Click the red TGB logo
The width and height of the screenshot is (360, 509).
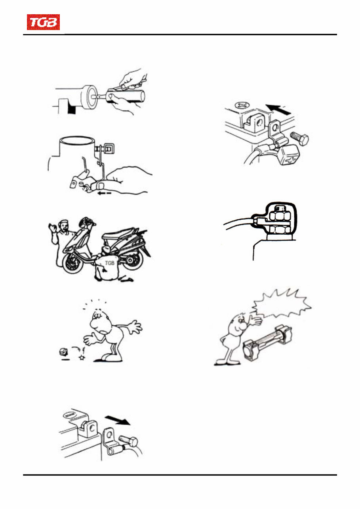coord(43,23)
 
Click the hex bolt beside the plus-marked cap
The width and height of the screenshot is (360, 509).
coord(300,138)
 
